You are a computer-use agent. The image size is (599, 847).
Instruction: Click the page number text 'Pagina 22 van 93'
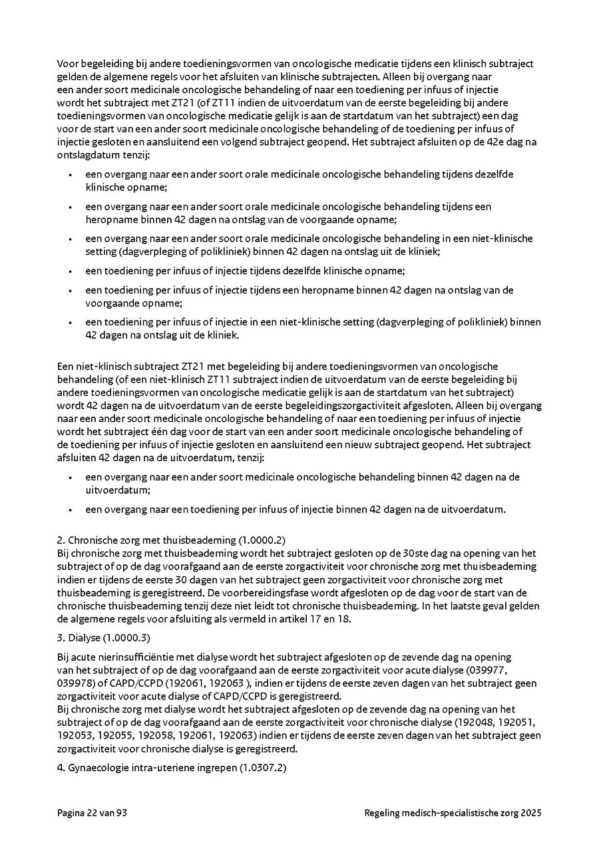(x=92, y=812)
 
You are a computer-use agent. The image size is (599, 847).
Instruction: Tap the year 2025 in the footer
(x=531, y=812)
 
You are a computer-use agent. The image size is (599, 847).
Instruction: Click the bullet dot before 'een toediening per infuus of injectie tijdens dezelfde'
(x=71, y=271)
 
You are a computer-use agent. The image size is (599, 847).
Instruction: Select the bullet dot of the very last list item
(x=71, y=510)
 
